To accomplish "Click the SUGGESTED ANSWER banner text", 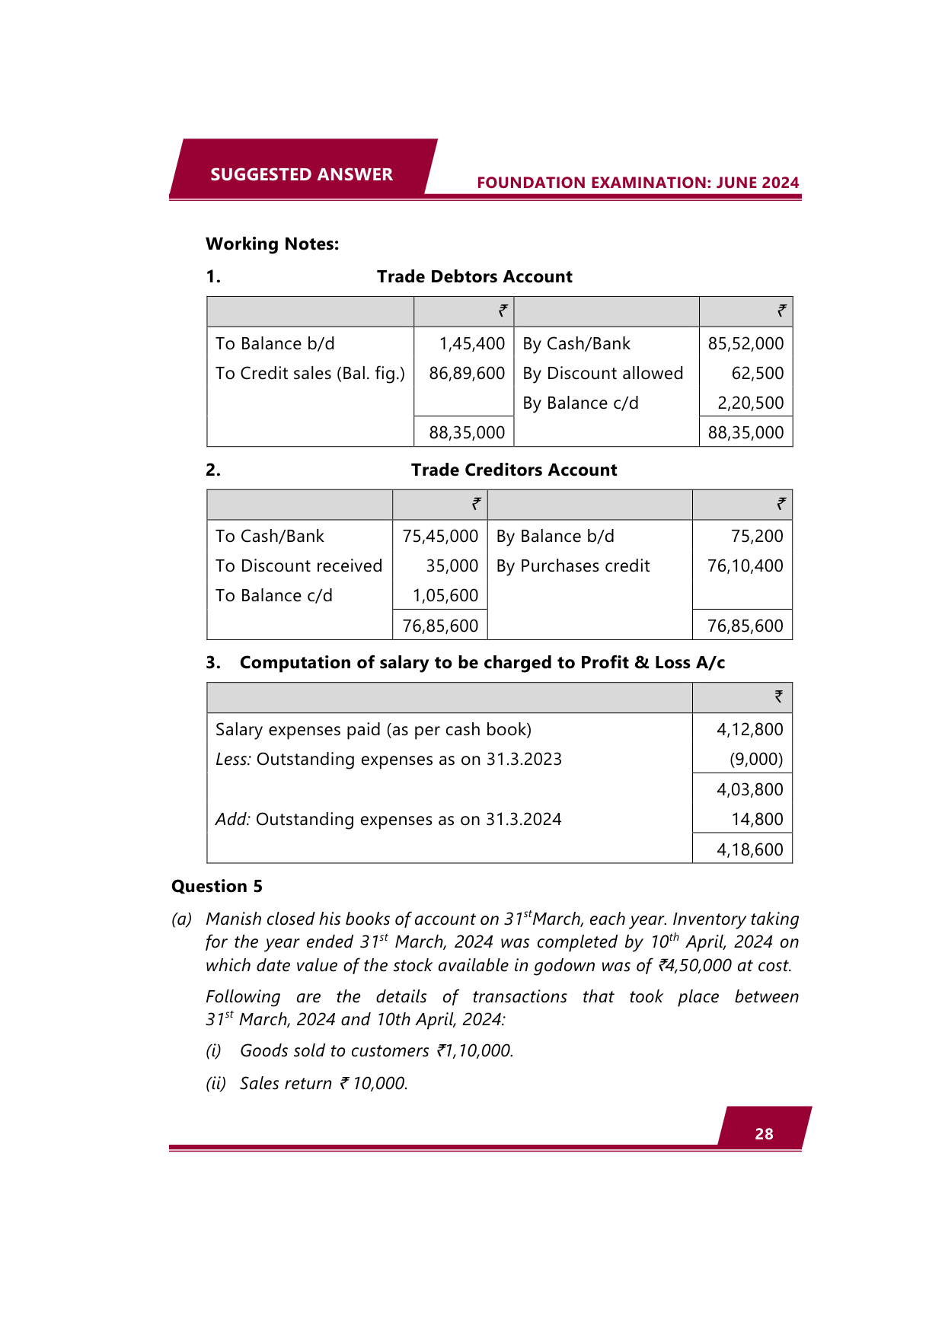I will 302,174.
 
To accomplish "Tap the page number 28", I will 764,1134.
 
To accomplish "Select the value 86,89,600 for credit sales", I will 467,374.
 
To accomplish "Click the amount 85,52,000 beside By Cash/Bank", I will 745,344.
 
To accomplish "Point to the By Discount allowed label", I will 602,374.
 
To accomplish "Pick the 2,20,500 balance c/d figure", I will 750,403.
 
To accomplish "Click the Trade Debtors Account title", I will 474,277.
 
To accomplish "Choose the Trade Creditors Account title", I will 514,470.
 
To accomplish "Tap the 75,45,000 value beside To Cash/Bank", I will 440,537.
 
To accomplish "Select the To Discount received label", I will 299,566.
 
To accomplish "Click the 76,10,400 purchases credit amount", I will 745,566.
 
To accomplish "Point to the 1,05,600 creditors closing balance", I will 445,596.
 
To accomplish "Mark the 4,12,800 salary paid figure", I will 749,730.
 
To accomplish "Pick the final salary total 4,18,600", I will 749,850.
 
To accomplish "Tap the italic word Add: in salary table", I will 233,820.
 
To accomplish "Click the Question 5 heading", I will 217,887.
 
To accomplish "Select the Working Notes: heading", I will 273,244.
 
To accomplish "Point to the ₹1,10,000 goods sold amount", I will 475,1051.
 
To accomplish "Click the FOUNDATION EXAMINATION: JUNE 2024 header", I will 637,183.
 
